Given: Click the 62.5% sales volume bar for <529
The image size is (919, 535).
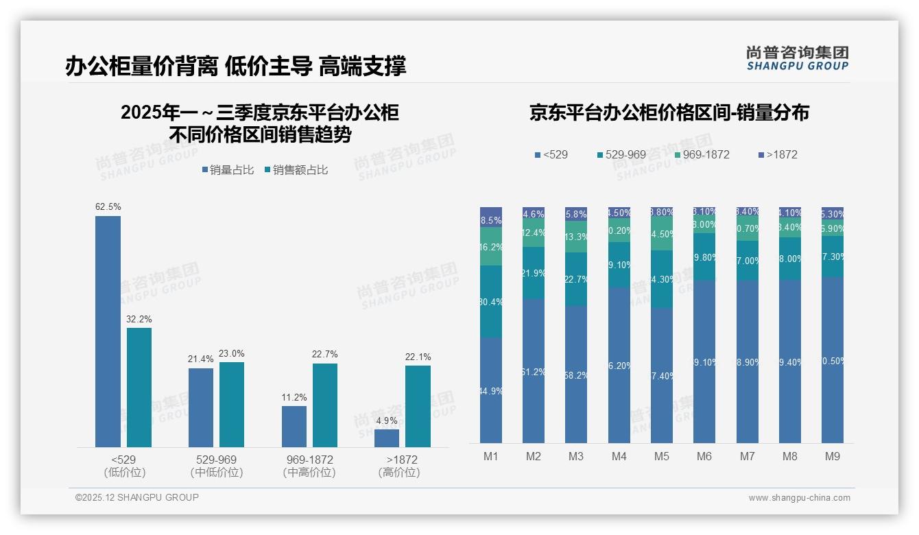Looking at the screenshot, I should tap(108, 331).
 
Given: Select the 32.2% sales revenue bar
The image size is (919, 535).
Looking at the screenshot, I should tap(139, 388).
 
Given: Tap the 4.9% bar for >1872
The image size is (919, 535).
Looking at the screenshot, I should tap(387, 438).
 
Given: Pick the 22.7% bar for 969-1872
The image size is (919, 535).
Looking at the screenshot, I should tap(325, 405).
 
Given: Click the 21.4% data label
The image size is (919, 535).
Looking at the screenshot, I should tap(200, 359).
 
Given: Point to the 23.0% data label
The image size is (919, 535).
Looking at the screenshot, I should tap(232, 353).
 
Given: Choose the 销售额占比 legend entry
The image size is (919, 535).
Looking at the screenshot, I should tap(296, 170).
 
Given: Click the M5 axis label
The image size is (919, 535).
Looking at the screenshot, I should tap(661, 456).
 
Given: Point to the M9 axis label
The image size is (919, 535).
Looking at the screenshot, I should tap(832, 456).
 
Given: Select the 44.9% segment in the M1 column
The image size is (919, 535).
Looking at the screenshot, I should tap(491, 390).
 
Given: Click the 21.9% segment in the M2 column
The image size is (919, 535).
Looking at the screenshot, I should tap(534, 273).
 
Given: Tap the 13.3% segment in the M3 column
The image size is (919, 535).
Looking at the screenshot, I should tap(576, 237).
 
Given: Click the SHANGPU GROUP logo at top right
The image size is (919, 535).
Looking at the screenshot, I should tap(797, 58).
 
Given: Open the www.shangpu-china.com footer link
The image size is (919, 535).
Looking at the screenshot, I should tap(799, 498).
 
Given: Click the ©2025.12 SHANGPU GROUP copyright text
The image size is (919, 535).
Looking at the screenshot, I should tap(137, 497).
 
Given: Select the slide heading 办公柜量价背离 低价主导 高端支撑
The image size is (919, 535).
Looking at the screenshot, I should tap(236, 66).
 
